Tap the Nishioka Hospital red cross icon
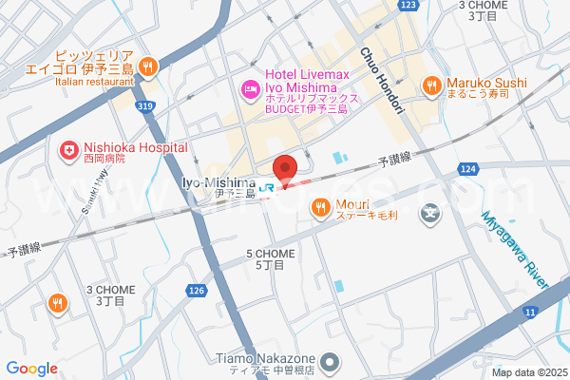[x=68, y=149]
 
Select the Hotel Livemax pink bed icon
[x=251, y=90]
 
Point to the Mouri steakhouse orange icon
[x=321, y=206]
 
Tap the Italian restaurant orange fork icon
[x=147, y=66]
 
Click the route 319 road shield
[x=144, y=106]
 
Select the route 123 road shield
[x=408, y=6]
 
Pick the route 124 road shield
[x=466, y=169]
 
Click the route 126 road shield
[x=196, y=291]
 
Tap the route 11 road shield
[x=529, y=312]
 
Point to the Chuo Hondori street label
[x=382, y=81]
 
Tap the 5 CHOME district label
[x=271, y=259]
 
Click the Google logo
[x=32, y=369]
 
